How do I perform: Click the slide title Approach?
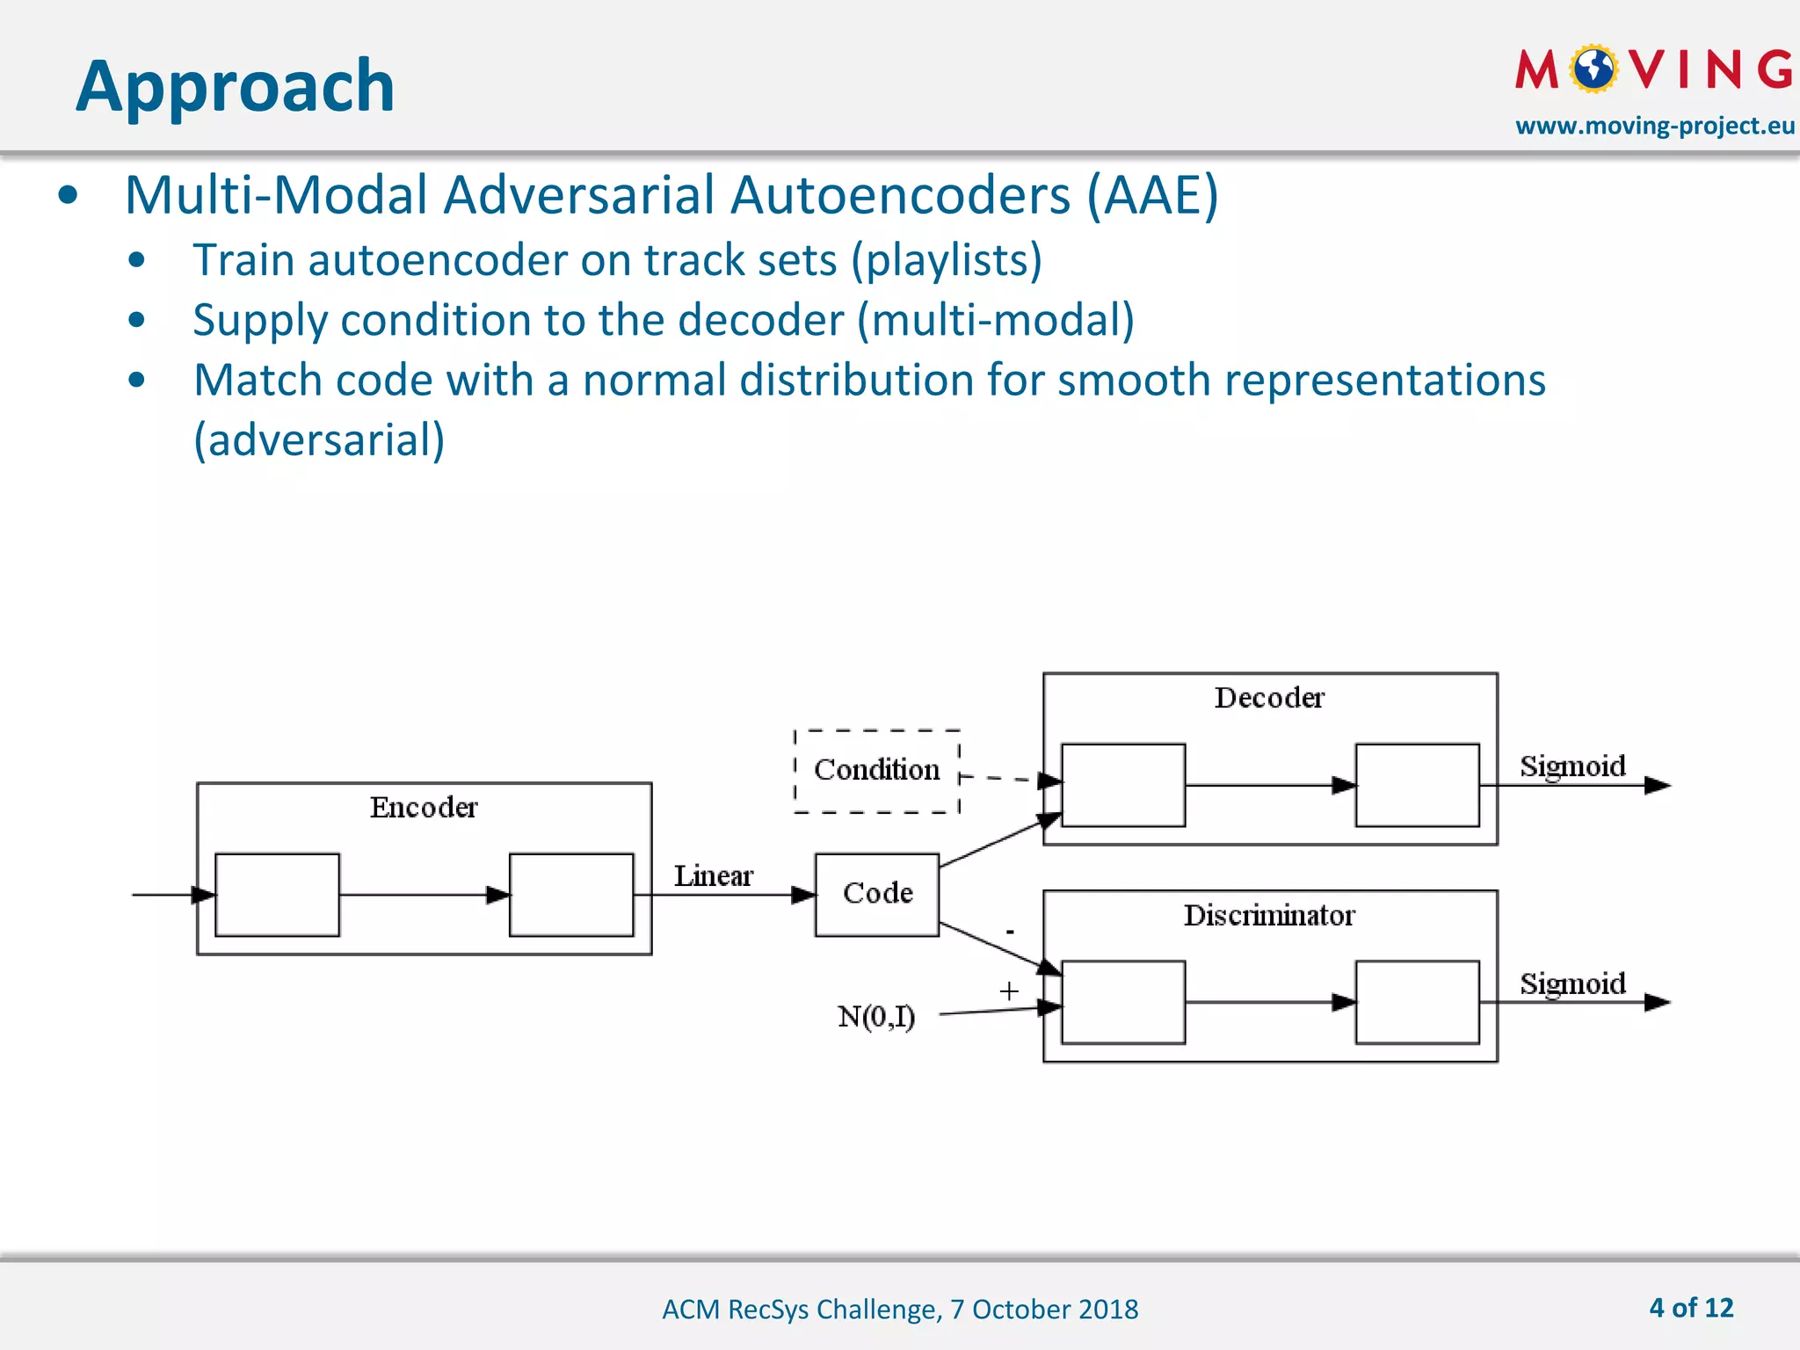[236, 86]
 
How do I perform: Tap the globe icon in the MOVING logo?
[1593, 69]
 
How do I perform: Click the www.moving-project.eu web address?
[1654, 126]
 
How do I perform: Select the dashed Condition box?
[876, 770]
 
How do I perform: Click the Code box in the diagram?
[877, 894]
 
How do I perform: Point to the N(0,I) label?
[876, 1017]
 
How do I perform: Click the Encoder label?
[424, 808]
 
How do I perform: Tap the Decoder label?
[1269, 698]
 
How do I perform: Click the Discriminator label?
[1269, 916]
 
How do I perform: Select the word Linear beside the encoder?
[713, 876]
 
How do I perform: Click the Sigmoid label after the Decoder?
[1572, 766]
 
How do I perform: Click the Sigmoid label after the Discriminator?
[1572, 983]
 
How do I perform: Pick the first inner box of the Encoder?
[277, 895]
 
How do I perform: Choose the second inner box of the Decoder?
[1417, 785]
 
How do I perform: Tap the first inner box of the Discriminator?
[1122, 1002]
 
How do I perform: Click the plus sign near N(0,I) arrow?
[1009, 991]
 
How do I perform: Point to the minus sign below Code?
[1010, 932]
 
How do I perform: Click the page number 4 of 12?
[1691, 1308]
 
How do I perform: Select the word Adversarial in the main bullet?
[580, 195]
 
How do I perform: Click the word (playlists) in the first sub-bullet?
[946, 260]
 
